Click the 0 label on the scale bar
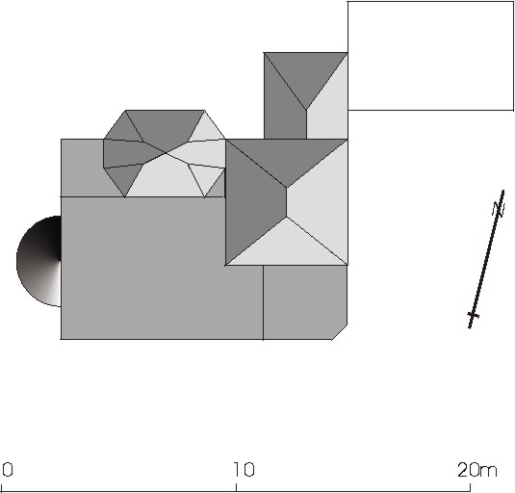click(x=8, y=469)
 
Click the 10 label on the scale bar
click(x=245, y=469)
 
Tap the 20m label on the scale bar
click(x=477, y=469)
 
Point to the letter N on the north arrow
click(x=499, y=209)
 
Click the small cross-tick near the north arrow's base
click(x=474, y=316)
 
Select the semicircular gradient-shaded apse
click(x=39, y=261)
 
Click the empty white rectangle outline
click(x=430, y=2)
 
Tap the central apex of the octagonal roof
click(x=166, y=153)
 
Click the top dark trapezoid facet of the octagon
click(x=165, y=128)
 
